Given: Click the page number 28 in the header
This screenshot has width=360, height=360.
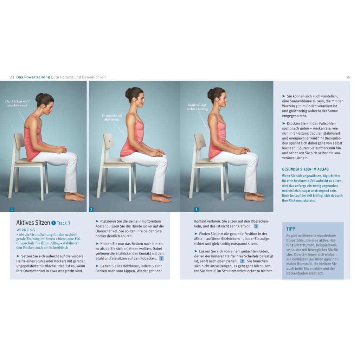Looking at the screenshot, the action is tap(12, 77).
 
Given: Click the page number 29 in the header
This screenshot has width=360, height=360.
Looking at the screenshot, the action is tap(348, 77).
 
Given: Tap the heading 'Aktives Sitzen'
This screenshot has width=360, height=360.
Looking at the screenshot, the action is tap(33, 223).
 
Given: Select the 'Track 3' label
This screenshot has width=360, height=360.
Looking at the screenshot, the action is tap(63, 223).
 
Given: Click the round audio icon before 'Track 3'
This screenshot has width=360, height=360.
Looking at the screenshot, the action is tap(53, 223).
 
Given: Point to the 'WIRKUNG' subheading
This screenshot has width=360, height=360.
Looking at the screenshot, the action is tap(26, 230).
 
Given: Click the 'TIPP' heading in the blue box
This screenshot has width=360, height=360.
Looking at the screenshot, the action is tap(290, 229).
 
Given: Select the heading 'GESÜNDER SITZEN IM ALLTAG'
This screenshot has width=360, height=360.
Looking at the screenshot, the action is tap(305, 169).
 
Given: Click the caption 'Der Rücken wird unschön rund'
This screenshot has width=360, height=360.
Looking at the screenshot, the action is tap(18, 103).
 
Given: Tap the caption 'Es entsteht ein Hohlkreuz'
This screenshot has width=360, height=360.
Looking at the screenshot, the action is tap(112, 117).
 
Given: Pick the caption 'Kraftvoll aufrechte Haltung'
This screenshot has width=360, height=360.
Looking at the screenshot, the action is tap(197, 107).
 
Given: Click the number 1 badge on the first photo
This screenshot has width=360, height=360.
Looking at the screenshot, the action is tap(12, 210).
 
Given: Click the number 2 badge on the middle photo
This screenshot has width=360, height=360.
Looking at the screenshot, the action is tap(91, 210).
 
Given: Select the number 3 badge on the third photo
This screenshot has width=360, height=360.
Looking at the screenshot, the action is tap(196, 210).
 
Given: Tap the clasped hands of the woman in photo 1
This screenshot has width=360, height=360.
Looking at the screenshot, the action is tap(61, 150).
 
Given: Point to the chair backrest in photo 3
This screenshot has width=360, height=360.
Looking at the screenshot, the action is tap(200, 141).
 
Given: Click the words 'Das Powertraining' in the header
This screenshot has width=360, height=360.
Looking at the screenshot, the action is tap(33, 77).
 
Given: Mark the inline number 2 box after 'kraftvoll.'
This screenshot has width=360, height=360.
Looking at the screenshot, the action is tap(256, 226).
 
